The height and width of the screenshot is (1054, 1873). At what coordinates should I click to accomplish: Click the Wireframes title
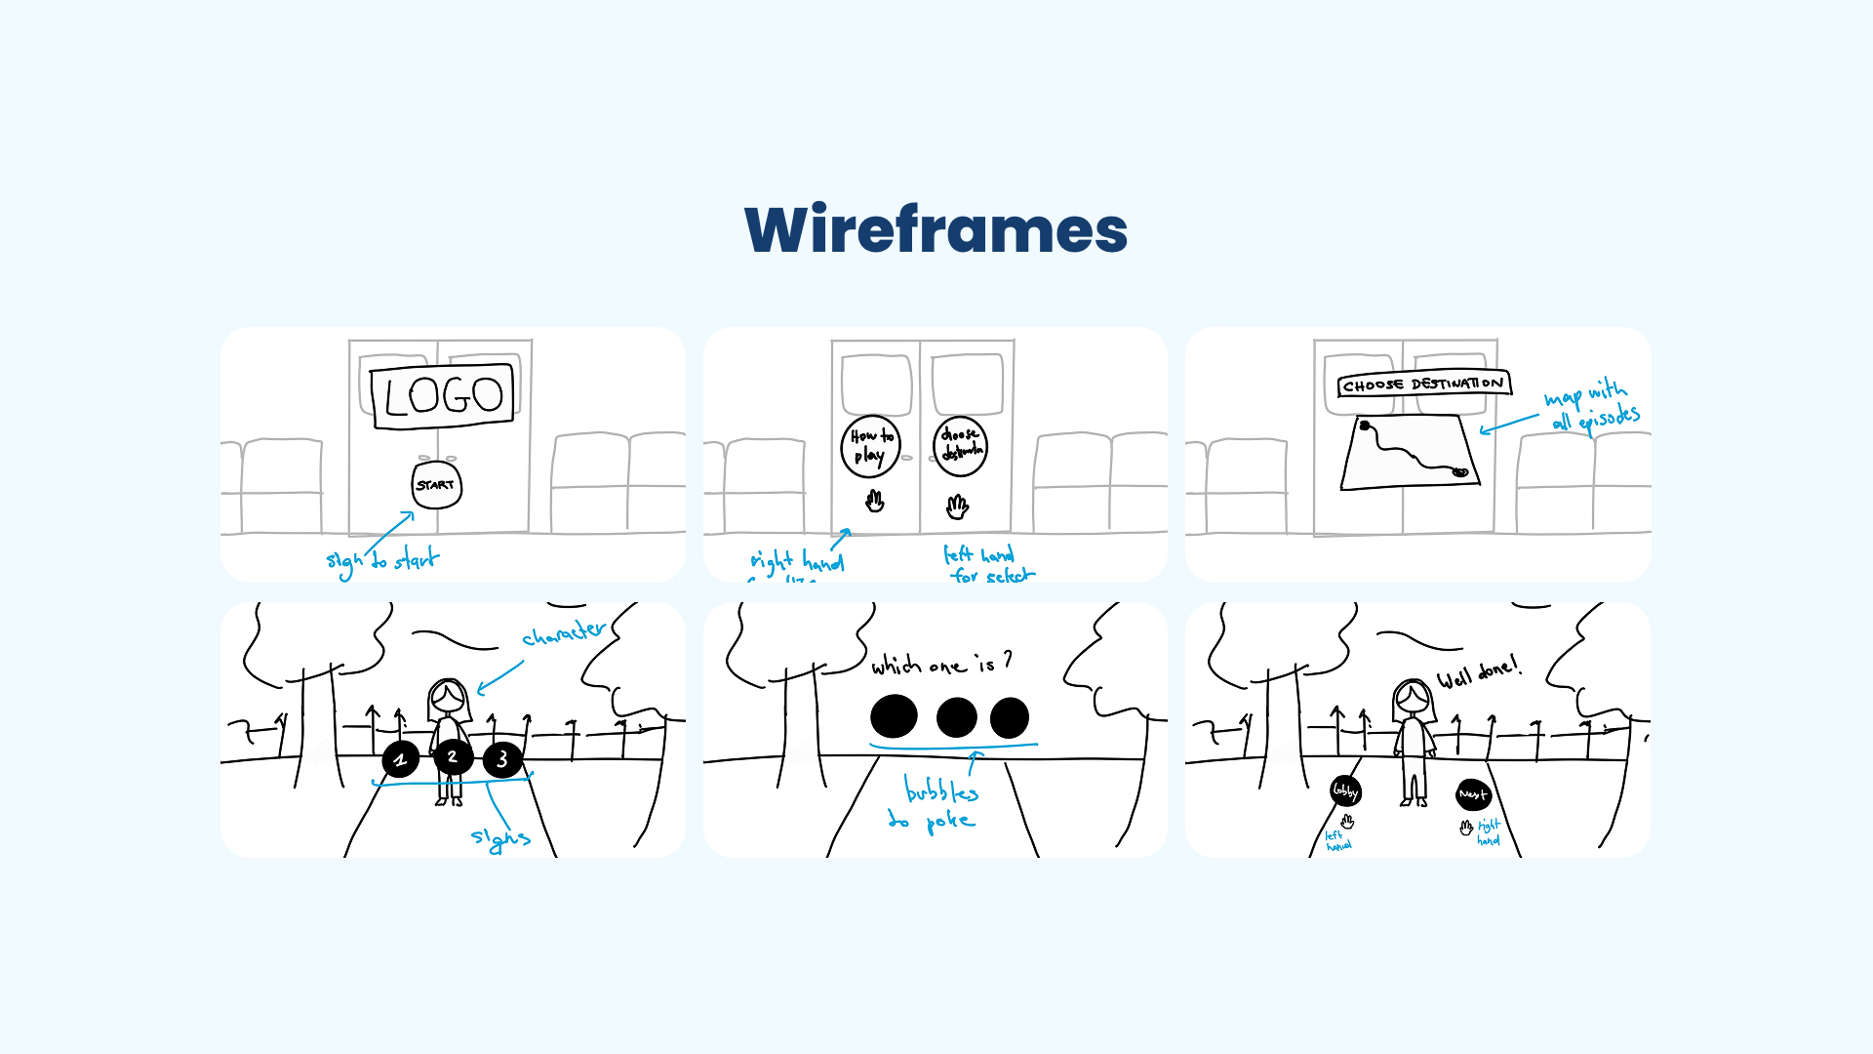[x=936, y=230]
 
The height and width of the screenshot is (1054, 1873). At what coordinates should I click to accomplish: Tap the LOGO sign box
[x=443, y=395]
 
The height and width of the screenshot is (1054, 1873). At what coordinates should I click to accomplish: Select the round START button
[x=436, y=485]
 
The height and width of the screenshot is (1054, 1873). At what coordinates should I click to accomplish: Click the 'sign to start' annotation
[x=382, y=560]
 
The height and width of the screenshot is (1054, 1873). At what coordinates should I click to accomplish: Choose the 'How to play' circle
[x=870, y=446]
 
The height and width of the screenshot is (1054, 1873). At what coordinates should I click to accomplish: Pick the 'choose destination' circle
[x=961, y=446]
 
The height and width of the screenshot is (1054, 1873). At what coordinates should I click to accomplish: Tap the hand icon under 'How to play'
[x=875, y=502]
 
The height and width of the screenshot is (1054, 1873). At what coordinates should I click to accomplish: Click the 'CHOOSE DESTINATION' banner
[x=1423, y=385]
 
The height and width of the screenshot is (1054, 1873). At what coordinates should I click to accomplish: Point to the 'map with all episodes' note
[x=1591, y=406]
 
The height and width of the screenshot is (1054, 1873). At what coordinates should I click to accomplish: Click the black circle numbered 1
[x=400, y=759]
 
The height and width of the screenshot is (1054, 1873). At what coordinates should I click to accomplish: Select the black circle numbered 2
[x=453, y=756]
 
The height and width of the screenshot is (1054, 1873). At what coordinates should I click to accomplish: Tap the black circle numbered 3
[x=502, y=759]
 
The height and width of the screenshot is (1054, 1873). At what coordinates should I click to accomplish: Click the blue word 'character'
[x=564, y=633]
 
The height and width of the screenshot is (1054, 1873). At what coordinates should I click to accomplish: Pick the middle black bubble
[x=956, y=717]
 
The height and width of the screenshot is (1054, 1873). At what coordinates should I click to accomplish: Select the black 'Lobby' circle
[x=1345, y=790]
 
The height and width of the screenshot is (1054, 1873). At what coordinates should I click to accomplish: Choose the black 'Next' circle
[x=1473, y=794]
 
